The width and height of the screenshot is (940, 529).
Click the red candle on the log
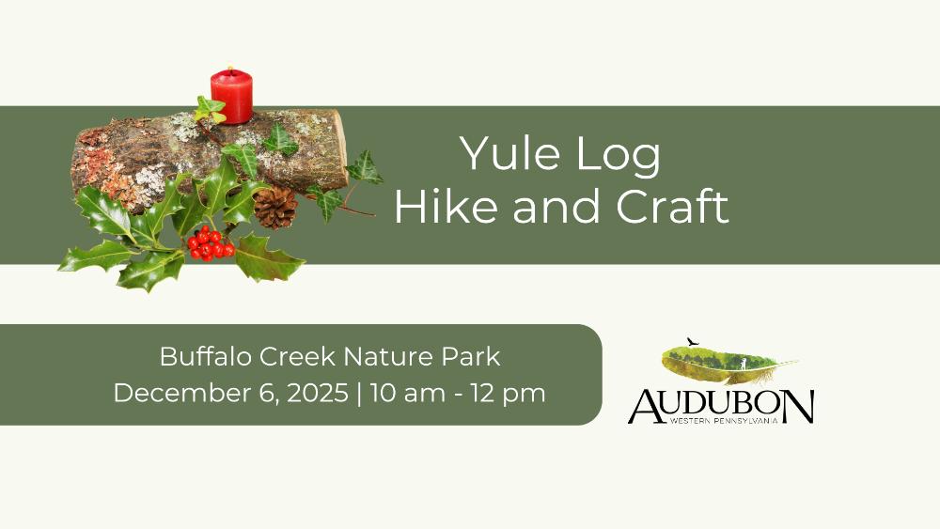[x=231, y=96]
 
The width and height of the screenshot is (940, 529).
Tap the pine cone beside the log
[x=275, y=208]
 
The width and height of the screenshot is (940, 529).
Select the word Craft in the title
[x=672, y=206]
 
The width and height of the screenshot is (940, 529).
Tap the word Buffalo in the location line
[x=206, y=356]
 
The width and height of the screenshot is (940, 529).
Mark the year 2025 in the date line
[x=318, y=393]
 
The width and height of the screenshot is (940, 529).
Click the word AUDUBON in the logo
[x=721, y=406]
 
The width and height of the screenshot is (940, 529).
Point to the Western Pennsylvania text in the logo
[x=724, y=421]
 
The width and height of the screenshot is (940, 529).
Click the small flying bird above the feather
[x=693, y=341]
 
